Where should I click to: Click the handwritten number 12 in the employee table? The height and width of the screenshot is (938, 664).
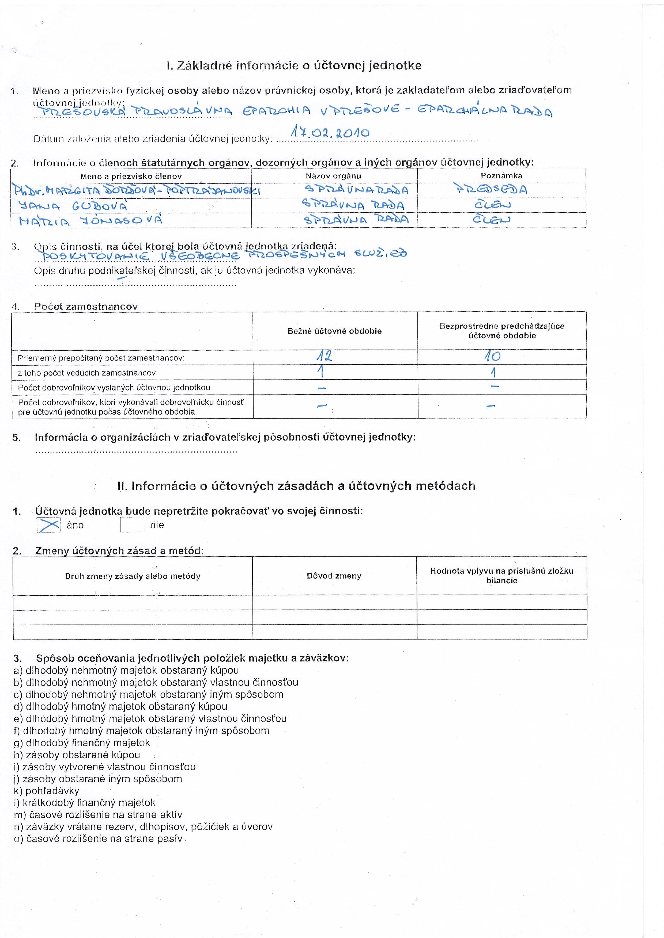[x=324, y=356]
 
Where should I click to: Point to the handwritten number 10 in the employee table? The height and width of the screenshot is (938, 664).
[x=493, y=356]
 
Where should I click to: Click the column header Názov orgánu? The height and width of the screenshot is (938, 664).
[x=333, y=176]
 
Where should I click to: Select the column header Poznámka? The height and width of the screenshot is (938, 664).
[x=501, y=176]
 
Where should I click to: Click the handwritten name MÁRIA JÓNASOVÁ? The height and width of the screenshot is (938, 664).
[x=91, y=221]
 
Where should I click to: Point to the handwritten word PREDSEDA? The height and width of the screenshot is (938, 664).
[x=491, y=190]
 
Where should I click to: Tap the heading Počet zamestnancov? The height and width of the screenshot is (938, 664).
[x=86, y=307]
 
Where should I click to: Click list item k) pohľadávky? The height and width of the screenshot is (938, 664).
[x=47, y=791]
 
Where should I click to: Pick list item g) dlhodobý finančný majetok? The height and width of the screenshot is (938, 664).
[x=82, y=743]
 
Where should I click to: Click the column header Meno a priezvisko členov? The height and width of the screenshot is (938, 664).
[x=131, y=177]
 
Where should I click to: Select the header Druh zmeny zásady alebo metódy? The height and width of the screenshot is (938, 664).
[x=133, y=576]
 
